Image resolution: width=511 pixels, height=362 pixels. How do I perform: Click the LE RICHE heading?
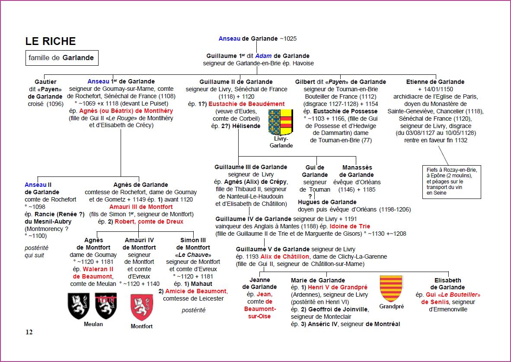51,42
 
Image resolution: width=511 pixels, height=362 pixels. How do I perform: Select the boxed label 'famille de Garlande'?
61,58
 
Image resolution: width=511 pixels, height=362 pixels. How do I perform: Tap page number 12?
29,332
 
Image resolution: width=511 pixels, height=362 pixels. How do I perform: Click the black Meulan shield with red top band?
106,306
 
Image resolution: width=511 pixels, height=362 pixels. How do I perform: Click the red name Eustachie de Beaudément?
246,104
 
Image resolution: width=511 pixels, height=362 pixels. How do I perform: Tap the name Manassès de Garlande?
357,171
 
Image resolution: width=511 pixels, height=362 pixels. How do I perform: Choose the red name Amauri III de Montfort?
141,207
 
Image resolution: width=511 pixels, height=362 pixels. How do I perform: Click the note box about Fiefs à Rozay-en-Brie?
452,181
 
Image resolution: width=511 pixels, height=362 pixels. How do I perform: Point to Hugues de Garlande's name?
327,202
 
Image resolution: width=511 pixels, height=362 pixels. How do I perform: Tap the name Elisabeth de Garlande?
448,284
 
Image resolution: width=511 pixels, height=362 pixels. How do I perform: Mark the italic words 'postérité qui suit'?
36,251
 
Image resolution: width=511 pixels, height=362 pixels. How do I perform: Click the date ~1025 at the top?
288,38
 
